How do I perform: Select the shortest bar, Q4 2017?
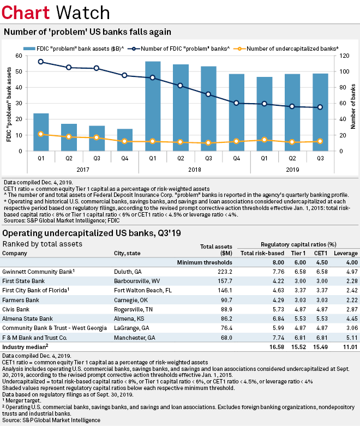pos(125,140)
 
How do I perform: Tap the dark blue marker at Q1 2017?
pos(41,62)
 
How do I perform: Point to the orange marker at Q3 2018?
pos(208,143)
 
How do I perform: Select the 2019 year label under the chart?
pos(292,170)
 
